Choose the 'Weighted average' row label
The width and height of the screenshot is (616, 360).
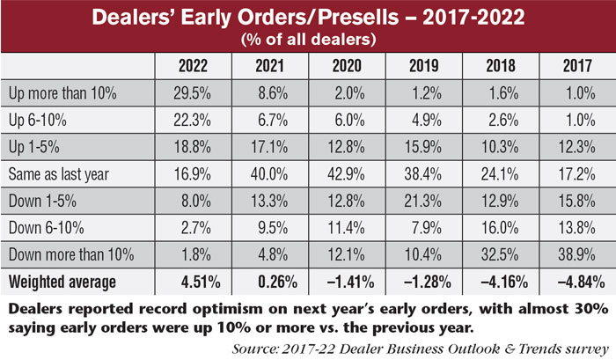(x=62, y=281)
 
